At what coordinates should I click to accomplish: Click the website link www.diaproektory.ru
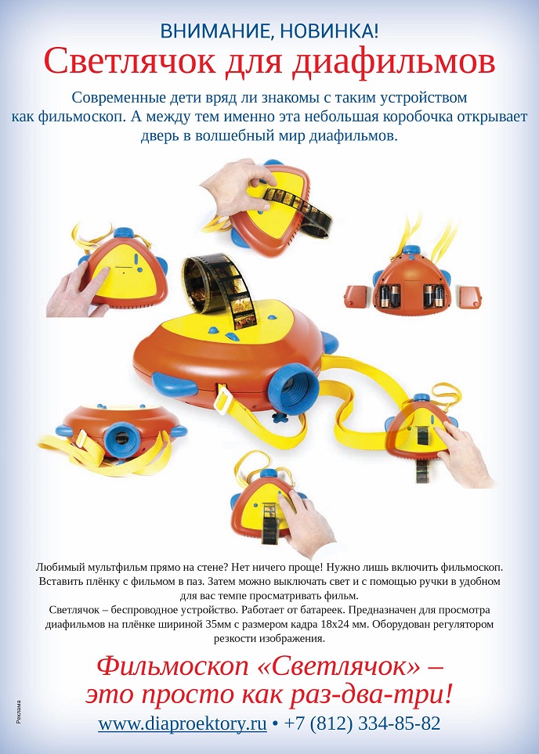pos(183,723)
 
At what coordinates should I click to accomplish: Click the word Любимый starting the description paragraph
pos(60,566)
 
